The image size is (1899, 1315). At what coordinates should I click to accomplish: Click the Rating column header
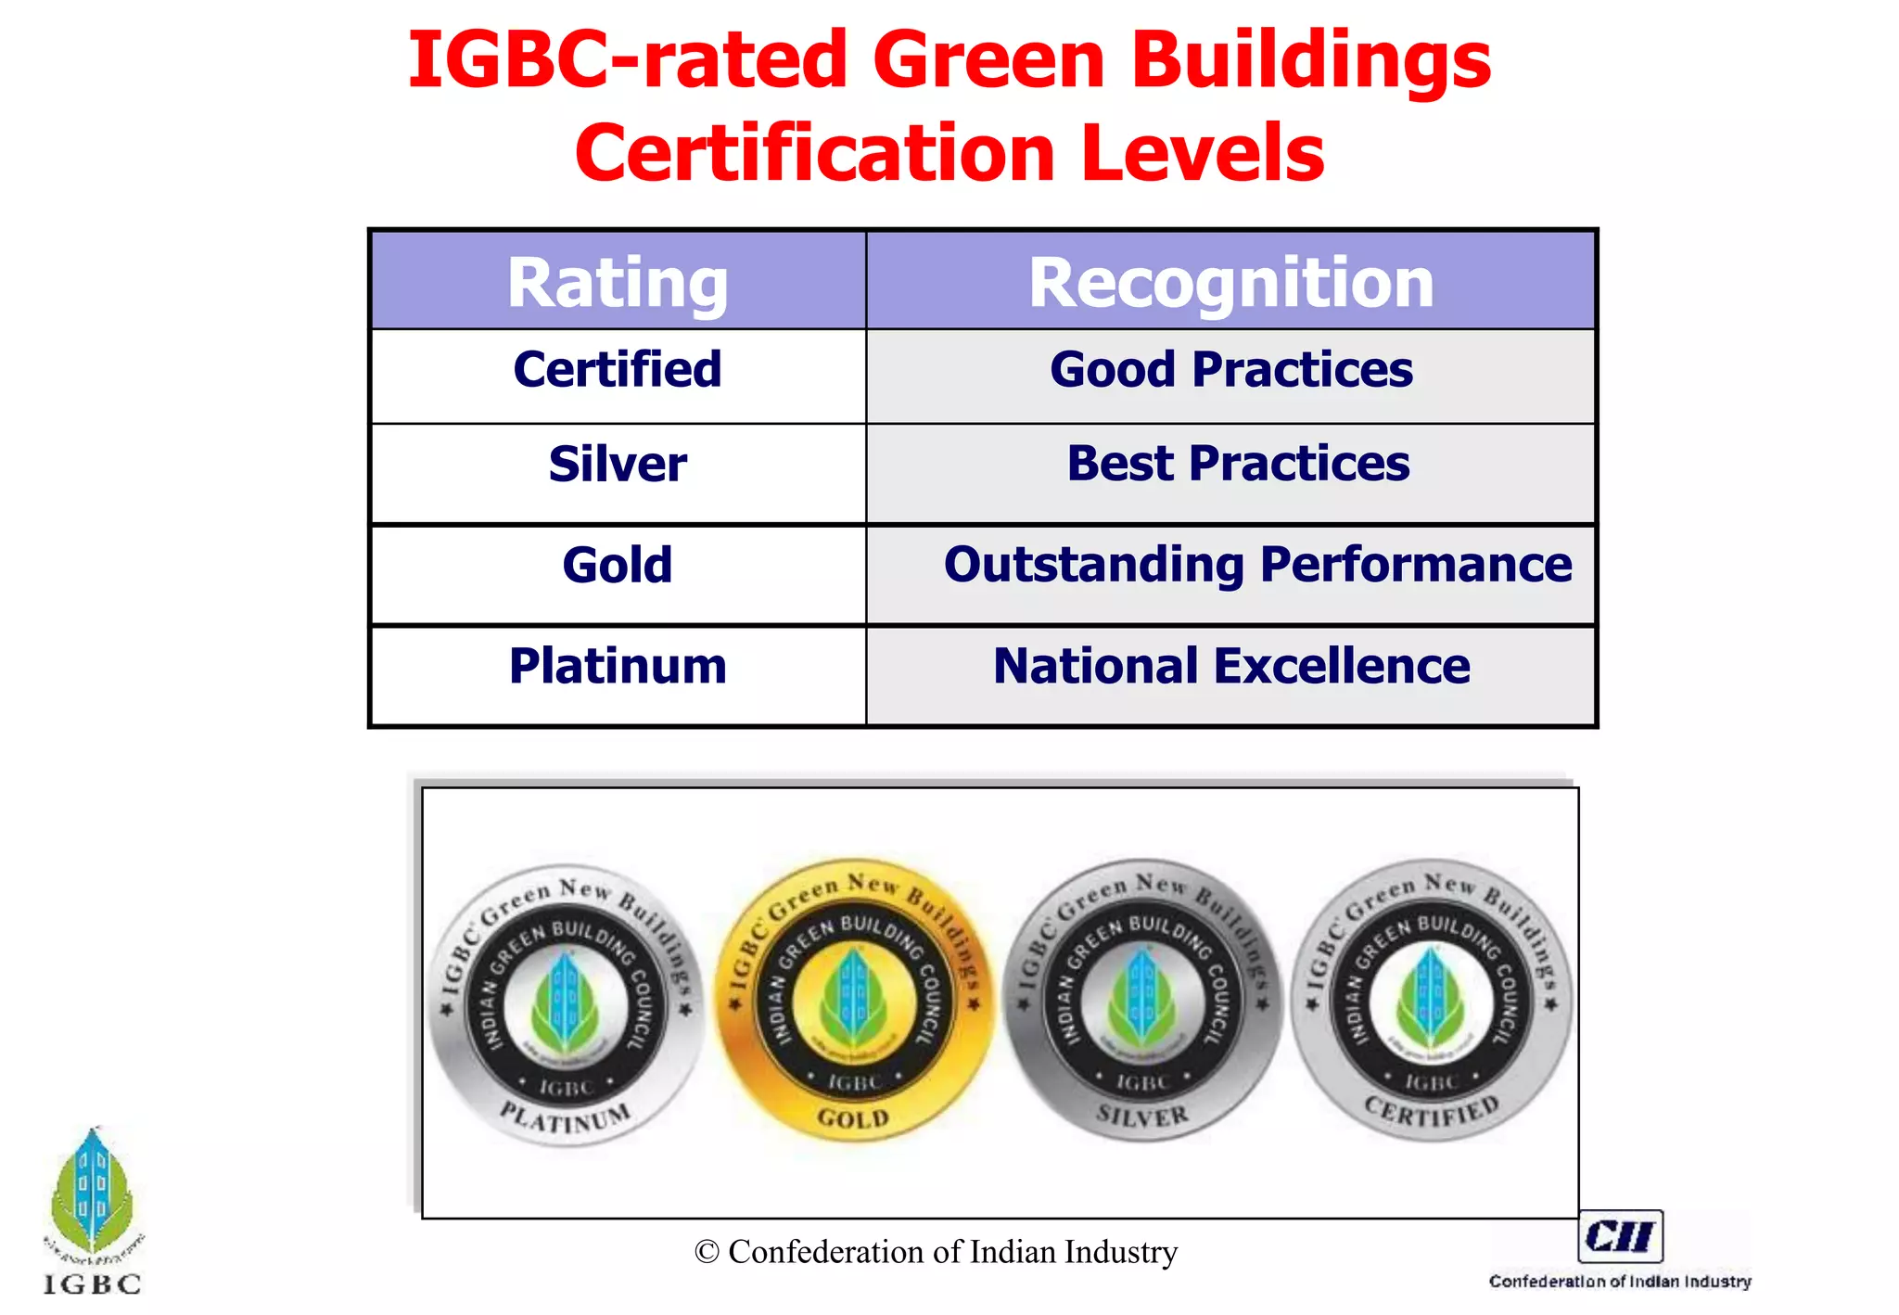(x=618, y=282)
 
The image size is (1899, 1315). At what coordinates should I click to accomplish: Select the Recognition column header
(x=1230, y=282)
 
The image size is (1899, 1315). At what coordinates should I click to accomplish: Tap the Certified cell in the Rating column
(x=618, y=370)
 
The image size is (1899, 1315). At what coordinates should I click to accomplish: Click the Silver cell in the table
(x=618, y=464)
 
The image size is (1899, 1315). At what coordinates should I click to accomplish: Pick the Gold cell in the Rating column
(x=618, y=565)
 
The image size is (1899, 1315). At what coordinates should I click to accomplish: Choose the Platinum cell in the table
(x=618, y=666)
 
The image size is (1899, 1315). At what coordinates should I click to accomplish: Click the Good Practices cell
(x=1230, y=370)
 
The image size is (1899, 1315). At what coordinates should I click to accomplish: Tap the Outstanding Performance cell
(x=1257, y=565)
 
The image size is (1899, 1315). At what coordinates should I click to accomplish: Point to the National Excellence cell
(x=1230, y=666)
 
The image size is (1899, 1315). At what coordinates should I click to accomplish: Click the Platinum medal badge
(x=566, y=1006)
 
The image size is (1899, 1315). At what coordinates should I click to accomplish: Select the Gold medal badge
(x=854, y=1002)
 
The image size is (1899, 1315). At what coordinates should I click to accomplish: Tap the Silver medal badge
(x=1142, y=1002)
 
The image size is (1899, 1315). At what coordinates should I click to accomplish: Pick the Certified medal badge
(x=1431, y=1002)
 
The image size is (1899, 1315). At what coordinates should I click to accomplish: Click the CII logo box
(x=1620, y=1236)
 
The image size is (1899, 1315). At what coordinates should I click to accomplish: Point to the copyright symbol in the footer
(x=707, y=1252)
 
